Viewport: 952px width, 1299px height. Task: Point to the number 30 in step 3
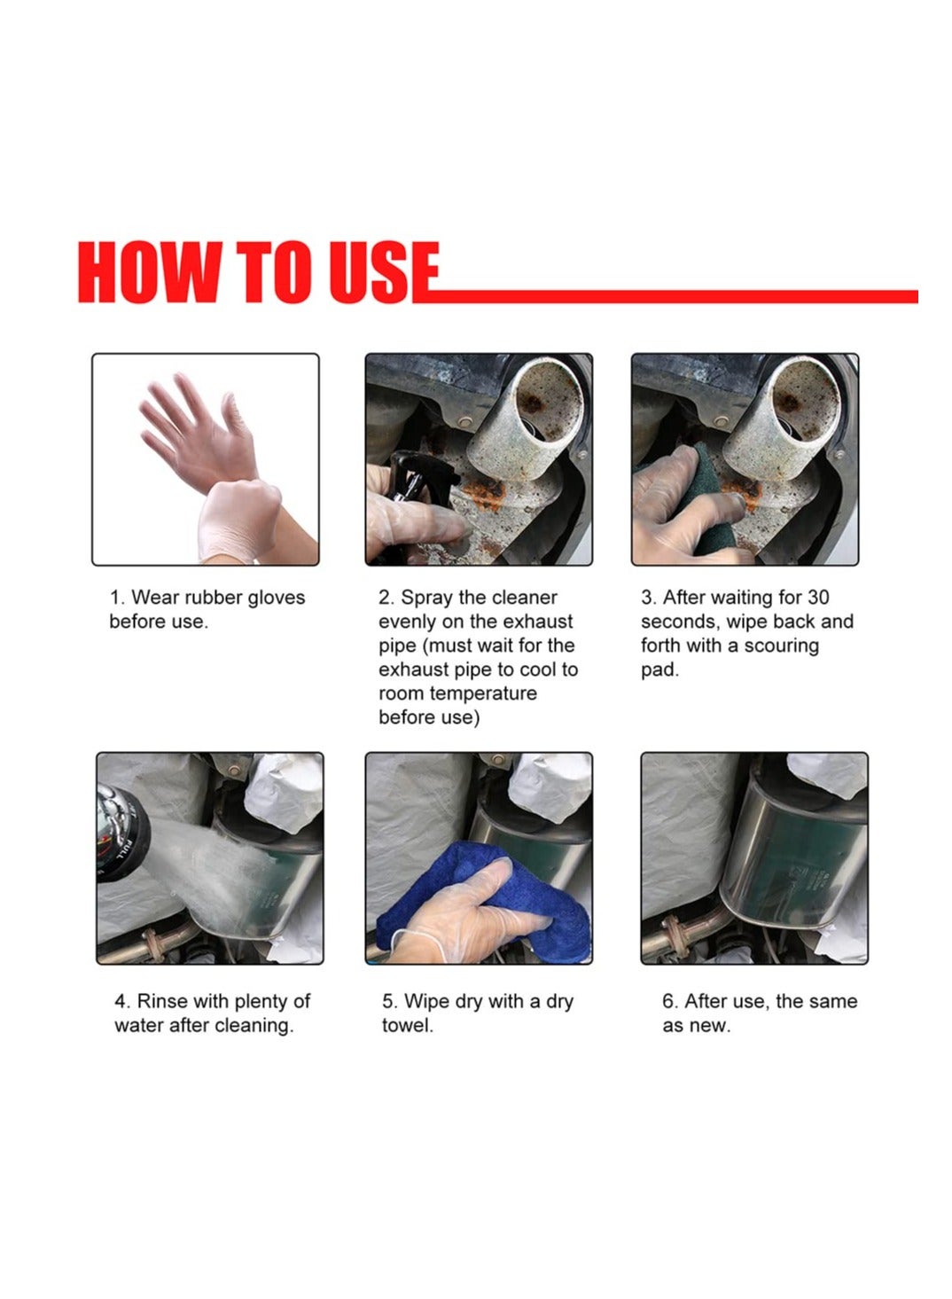pos(818,597)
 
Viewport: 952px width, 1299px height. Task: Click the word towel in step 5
pos(407,1025)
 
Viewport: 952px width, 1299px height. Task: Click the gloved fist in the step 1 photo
pos(238,519)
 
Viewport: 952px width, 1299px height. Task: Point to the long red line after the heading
pos(666,296)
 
